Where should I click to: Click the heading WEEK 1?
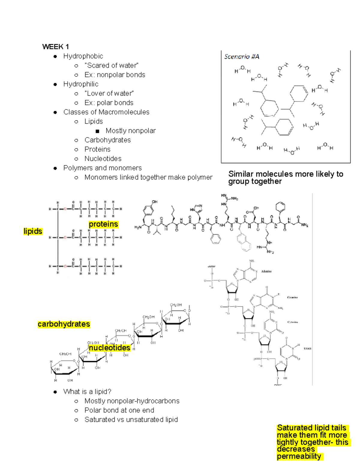[x=55, y=47]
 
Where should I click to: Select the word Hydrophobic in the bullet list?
[x=83, y=56]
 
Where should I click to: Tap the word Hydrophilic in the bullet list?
[x=81, y=84]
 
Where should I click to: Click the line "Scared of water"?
[x=111, y=65]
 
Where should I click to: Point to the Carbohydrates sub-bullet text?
[x=107, y=140]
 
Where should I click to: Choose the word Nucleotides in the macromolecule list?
[x=103, y=159]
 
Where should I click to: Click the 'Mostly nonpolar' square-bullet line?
[x=130, y=131]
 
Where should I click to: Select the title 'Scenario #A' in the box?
[x=241, y=57]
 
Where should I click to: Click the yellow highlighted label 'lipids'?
[x=33, y=231]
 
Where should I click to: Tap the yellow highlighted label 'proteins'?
[x=103, y=224]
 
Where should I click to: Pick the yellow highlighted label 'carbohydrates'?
[x=64, y=324]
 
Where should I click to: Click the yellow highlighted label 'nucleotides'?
[x=109, y=348]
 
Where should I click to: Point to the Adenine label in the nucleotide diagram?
[x=266, y=271]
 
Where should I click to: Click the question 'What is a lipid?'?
[x=87, y=392]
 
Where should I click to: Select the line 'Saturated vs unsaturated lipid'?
[x=131, y=420]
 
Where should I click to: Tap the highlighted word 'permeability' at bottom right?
[x=299, y=456]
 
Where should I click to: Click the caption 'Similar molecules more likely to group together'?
[x=285, y=178]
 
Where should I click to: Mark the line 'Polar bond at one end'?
[x=119, y=410]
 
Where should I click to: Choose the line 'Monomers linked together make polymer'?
[x=148, y=177]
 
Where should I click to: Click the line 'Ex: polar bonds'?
[x=109, y=103]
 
